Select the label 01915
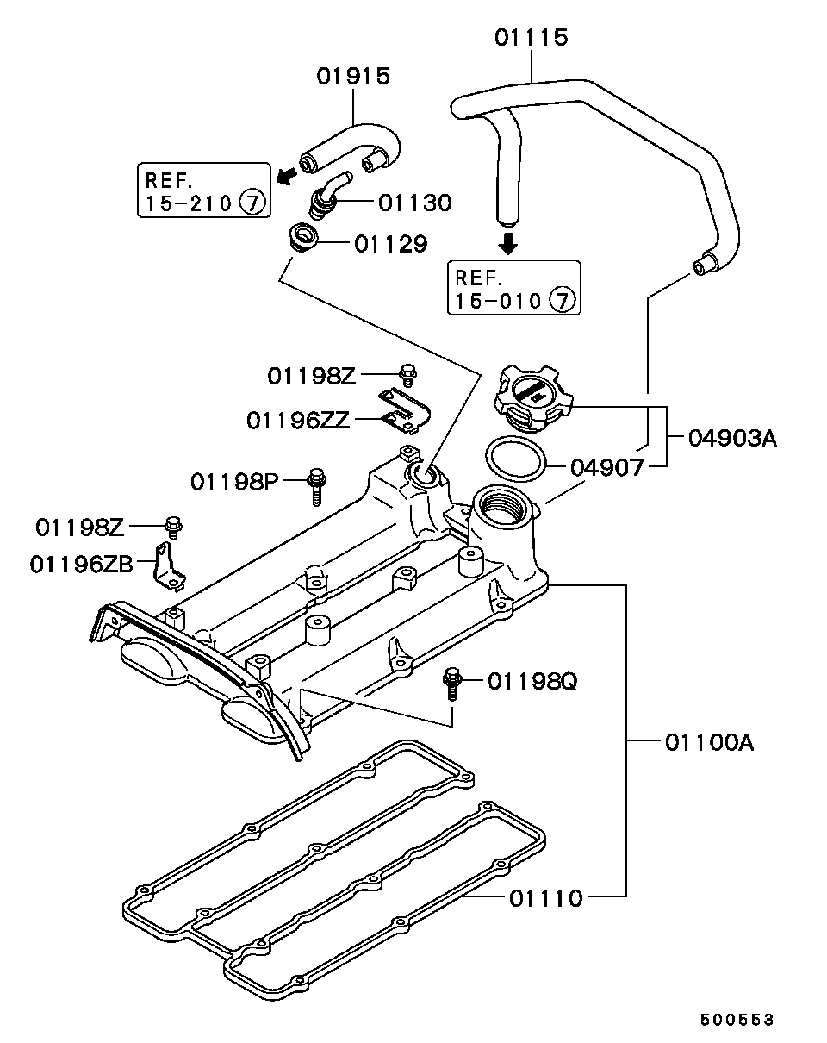[x=353, y=77]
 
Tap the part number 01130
[x=414, y=203]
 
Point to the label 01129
[x=391, y=244]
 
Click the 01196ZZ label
[x=298, y=420]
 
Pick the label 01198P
[x=234, y=482]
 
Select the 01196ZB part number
[x=81, y=564]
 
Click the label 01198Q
[x=532, y=682]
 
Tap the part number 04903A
[x=732, y=438]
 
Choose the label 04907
[x=607, y=468]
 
